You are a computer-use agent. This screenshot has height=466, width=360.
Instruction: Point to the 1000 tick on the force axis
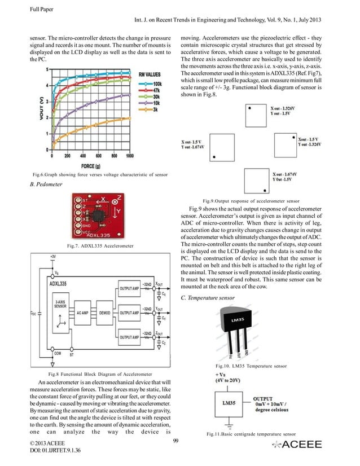click(x=130, y=156)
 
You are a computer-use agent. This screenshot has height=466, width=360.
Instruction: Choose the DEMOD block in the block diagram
click(x=104, y=312)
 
